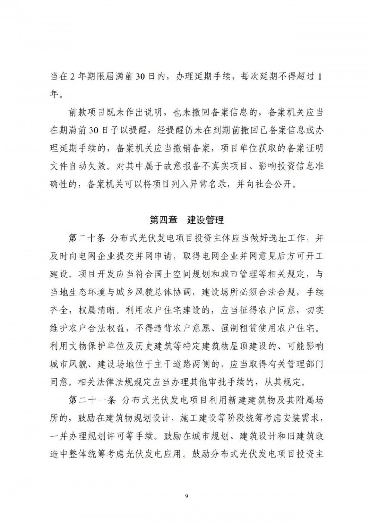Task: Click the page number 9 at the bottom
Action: pos(185,497)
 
